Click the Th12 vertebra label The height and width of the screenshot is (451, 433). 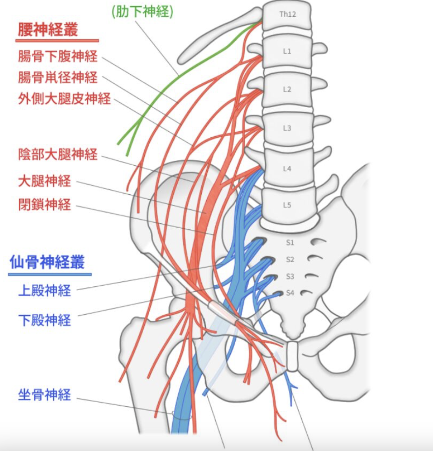tap(287, 15)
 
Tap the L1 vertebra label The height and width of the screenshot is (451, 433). tap(287, 51)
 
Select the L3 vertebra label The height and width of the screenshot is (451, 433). tap(287, 128)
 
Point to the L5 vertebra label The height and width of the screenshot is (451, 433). tap(287, 205)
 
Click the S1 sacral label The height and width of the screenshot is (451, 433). tap(290, 243)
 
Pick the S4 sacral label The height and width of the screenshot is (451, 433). tap(290, 293)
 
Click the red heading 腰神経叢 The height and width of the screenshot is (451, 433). tap(48, 30)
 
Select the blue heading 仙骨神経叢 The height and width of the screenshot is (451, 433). tap(47, 262)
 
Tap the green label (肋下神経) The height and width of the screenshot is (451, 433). tap(142, 12)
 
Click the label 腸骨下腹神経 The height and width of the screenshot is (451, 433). tap(58, 56)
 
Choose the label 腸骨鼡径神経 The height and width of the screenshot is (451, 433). tap(58, 77)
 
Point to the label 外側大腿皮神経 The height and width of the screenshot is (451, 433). tap(64, 98)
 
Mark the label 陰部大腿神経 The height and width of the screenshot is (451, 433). tap(58, 154)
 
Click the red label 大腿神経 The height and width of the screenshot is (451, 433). tap(45, 181)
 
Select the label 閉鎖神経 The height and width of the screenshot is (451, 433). tap(45, 205)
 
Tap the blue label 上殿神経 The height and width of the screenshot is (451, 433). tap(45, 290)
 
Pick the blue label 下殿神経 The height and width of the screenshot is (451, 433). tap(45, 320)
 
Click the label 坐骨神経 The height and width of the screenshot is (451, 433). tap(45, 395)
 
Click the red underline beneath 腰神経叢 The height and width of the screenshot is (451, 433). tap(57, 41)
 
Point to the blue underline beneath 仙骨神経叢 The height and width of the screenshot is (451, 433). tap(50, 274)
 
